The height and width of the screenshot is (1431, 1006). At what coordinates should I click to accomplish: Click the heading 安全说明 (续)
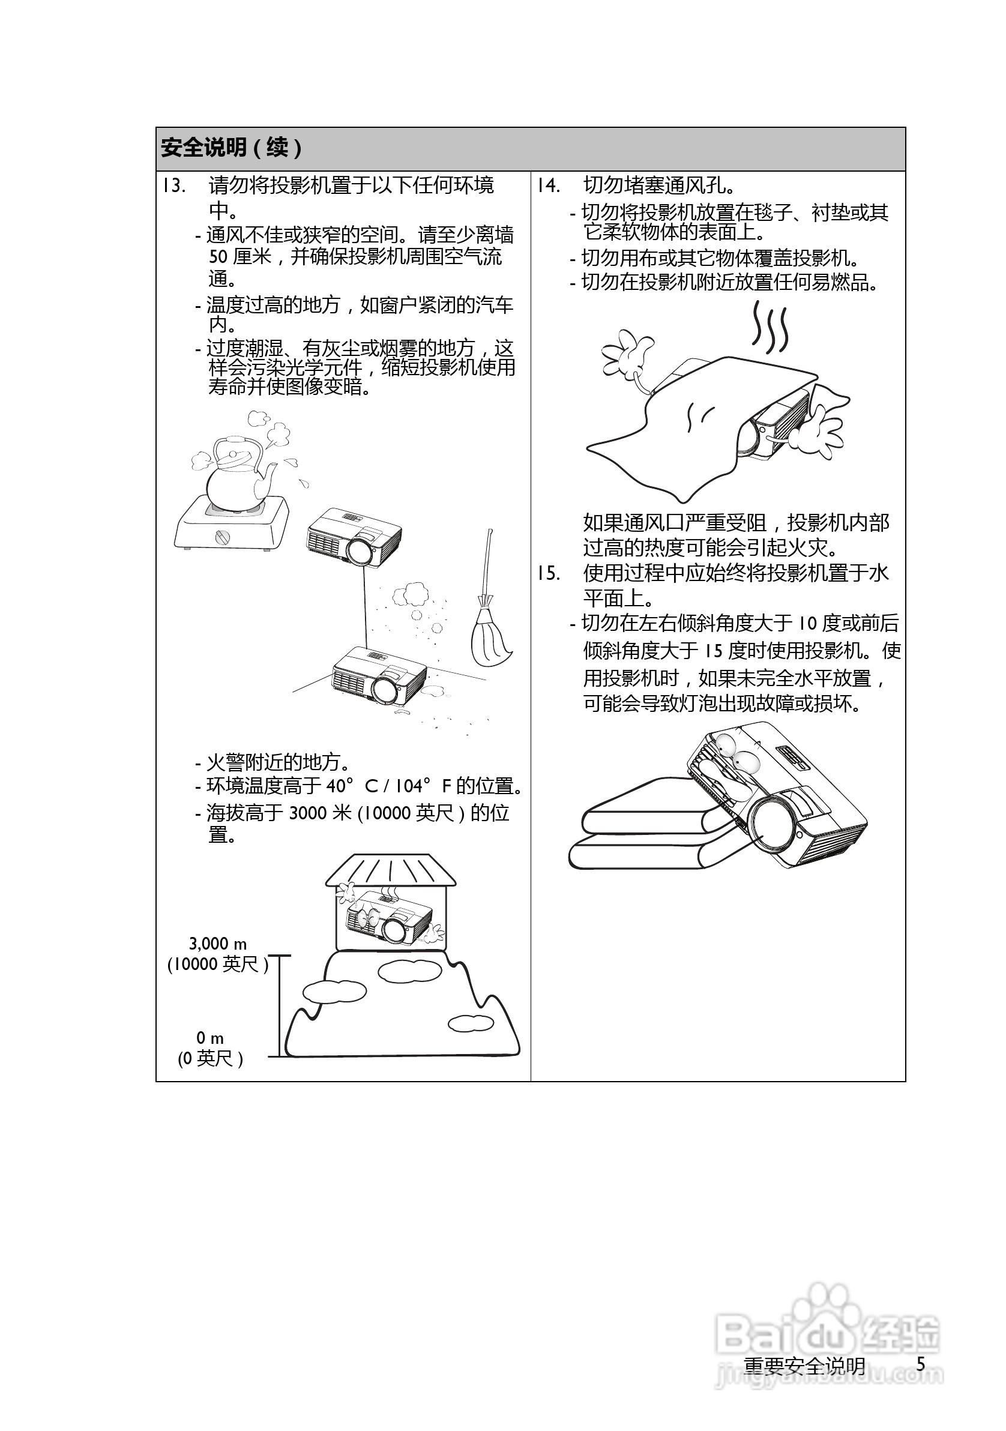click(x=231, y=148)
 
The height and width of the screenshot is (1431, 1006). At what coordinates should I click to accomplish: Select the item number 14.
click(x=548, y=185)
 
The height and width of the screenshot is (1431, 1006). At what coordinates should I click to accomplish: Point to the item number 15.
click(x=548, y=573)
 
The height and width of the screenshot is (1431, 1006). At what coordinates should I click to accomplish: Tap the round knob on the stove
click(x=223, y=537)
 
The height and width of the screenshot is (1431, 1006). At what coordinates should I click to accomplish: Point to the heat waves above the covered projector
click(x=770, y=327)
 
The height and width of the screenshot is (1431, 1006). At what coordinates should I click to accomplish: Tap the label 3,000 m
click(x=217, y=944)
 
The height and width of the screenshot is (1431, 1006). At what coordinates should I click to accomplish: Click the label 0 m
click(x=210, y=1038)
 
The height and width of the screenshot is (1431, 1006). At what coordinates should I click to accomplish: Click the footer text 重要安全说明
click(x=804, y=1366)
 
